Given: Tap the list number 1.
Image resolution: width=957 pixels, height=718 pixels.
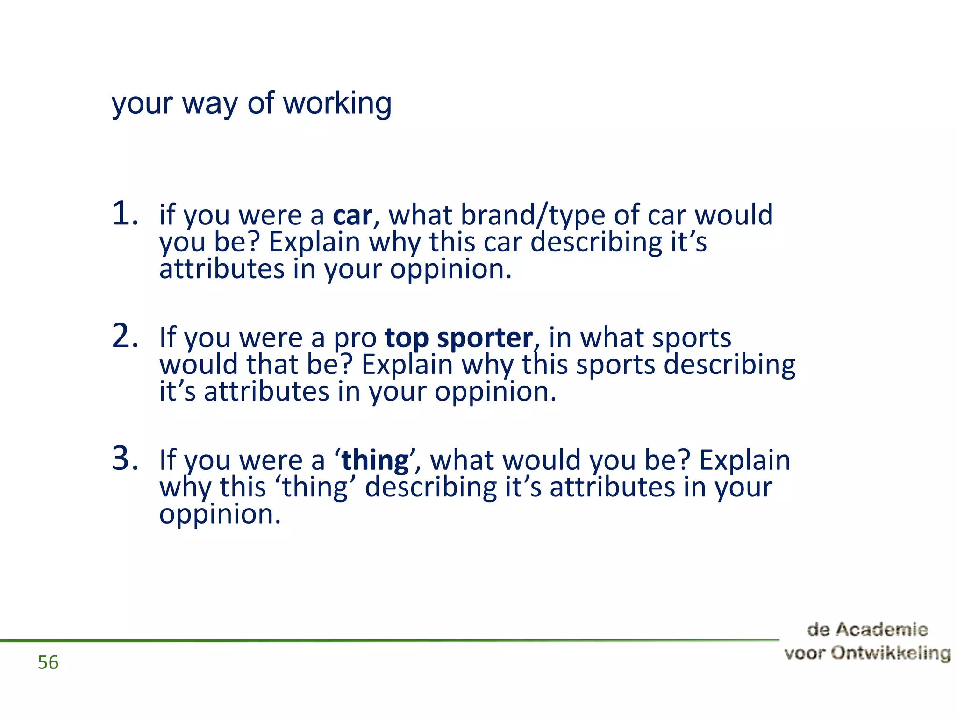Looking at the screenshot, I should [x=125, y=214].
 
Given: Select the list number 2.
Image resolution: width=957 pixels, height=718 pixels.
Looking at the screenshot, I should [x=125, y=336].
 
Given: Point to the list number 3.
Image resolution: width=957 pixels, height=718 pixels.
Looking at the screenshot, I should [x=125, y=459].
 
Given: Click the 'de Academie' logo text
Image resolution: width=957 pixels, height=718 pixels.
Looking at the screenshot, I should [x=867, y=630].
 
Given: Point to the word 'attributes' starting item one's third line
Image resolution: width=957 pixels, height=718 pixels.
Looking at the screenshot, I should [x=222, y=269].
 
